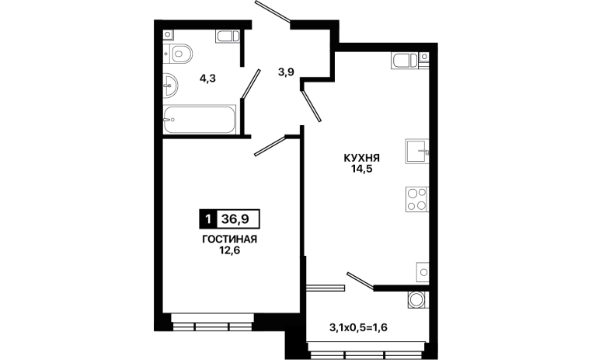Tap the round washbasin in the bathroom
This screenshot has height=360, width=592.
(x=170, y=86)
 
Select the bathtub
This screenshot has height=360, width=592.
(x=200, y=120)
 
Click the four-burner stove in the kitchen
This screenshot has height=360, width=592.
(x=417, y=199)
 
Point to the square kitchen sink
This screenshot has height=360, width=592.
(x=417, y=151)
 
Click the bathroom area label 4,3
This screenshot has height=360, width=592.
(x=207, y=79)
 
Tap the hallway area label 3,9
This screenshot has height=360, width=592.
(x=286, y=72)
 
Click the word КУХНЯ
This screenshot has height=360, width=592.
(x=362, y=158)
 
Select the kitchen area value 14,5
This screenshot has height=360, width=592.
(x=362, y=169)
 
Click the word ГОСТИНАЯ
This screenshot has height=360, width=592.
(x=229, y=239)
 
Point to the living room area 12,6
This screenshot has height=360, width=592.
(x=229, y=250)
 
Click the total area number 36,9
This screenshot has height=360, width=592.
(x=235, y=219)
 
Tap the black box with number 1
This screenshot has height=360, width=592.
(x=207, y=219)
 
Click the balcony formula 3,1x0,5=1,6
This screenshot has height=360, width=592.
(x=359, y=327)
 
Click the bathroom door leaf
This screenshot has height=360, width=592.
(x=251, y=84)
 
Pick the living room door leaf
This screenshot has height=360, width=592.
(x=270, y=146)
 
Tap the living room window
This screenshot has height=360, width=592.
(x=211, y=322)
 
